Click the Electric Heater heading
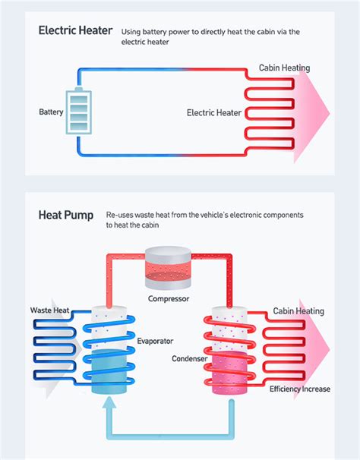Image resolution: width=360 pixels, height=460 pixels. (75, 32)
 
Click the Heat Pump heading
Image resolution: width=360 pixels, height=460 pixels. (65, 216)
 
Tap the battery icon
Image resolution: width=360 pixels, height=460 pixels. (77, 112)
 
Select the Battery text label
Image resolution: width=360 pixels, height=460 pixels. (51, 113)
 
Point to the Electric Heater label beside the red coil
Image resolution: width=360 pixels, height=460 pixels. (213, 113)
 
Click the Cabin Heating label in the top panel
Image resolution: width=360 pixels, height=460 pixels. (284, 68)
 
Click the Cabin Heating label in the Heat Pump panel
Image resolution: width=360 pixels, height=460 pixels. (298, 311)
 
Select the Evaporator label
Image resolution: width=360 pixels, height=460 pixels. (156, 342)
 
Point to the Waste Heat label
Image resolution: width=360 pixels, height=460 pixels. (50, 310)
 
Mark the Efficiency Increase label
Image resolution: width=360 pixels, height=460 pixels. (300, 389)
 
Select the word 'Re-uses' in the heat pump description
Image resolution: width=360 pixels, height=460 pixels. (120, 216)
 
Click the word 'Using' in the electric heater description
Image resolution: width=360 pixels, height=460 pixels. (131, 32)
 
